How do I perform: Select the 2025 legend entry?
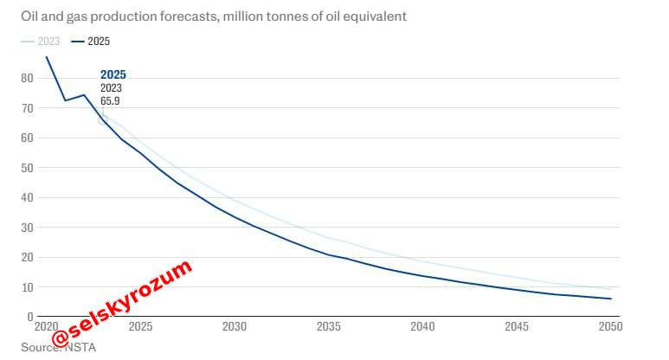92,41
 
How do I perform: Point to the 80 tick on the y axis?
26,78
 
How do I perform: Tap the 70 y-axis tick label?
26,108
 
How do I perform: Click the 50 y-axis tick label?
26,168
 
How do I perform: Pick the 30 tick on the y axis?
26,228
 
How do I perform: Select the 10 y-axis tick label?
26,287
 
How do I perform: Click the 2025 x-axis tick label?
140,327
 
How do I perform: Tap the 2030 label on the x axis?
235,327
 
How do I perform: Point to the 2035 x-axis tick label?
329,327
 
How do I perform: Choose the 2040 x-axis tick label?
423,327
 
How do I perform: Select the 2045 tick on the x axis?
517,327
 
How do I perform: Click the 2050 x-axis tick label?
610,327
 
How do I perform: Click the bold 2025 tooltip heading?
113,74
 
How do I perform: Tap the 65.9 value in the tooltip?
110,101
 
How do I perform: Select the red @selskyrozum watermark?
121,307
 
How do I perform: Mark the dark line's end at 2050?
611,299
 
